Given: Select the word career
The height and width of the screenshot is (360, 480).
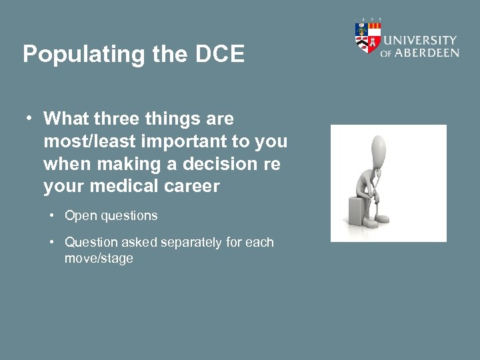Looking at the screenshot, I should click(x=193, y=187).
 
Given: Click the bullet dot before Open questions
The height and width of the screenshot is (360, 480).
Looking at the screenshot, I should click(x=51, y=215).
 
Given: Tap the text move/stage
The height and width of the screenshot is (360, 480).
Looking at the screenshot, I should click(x=99, y=258).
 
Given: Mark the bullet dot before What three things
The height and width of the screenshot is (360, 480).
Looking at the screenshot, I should click(x=29, y=119).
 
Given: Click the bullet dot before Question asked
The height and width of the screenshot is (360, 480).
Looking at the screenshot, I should click(x=51, y=242).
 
